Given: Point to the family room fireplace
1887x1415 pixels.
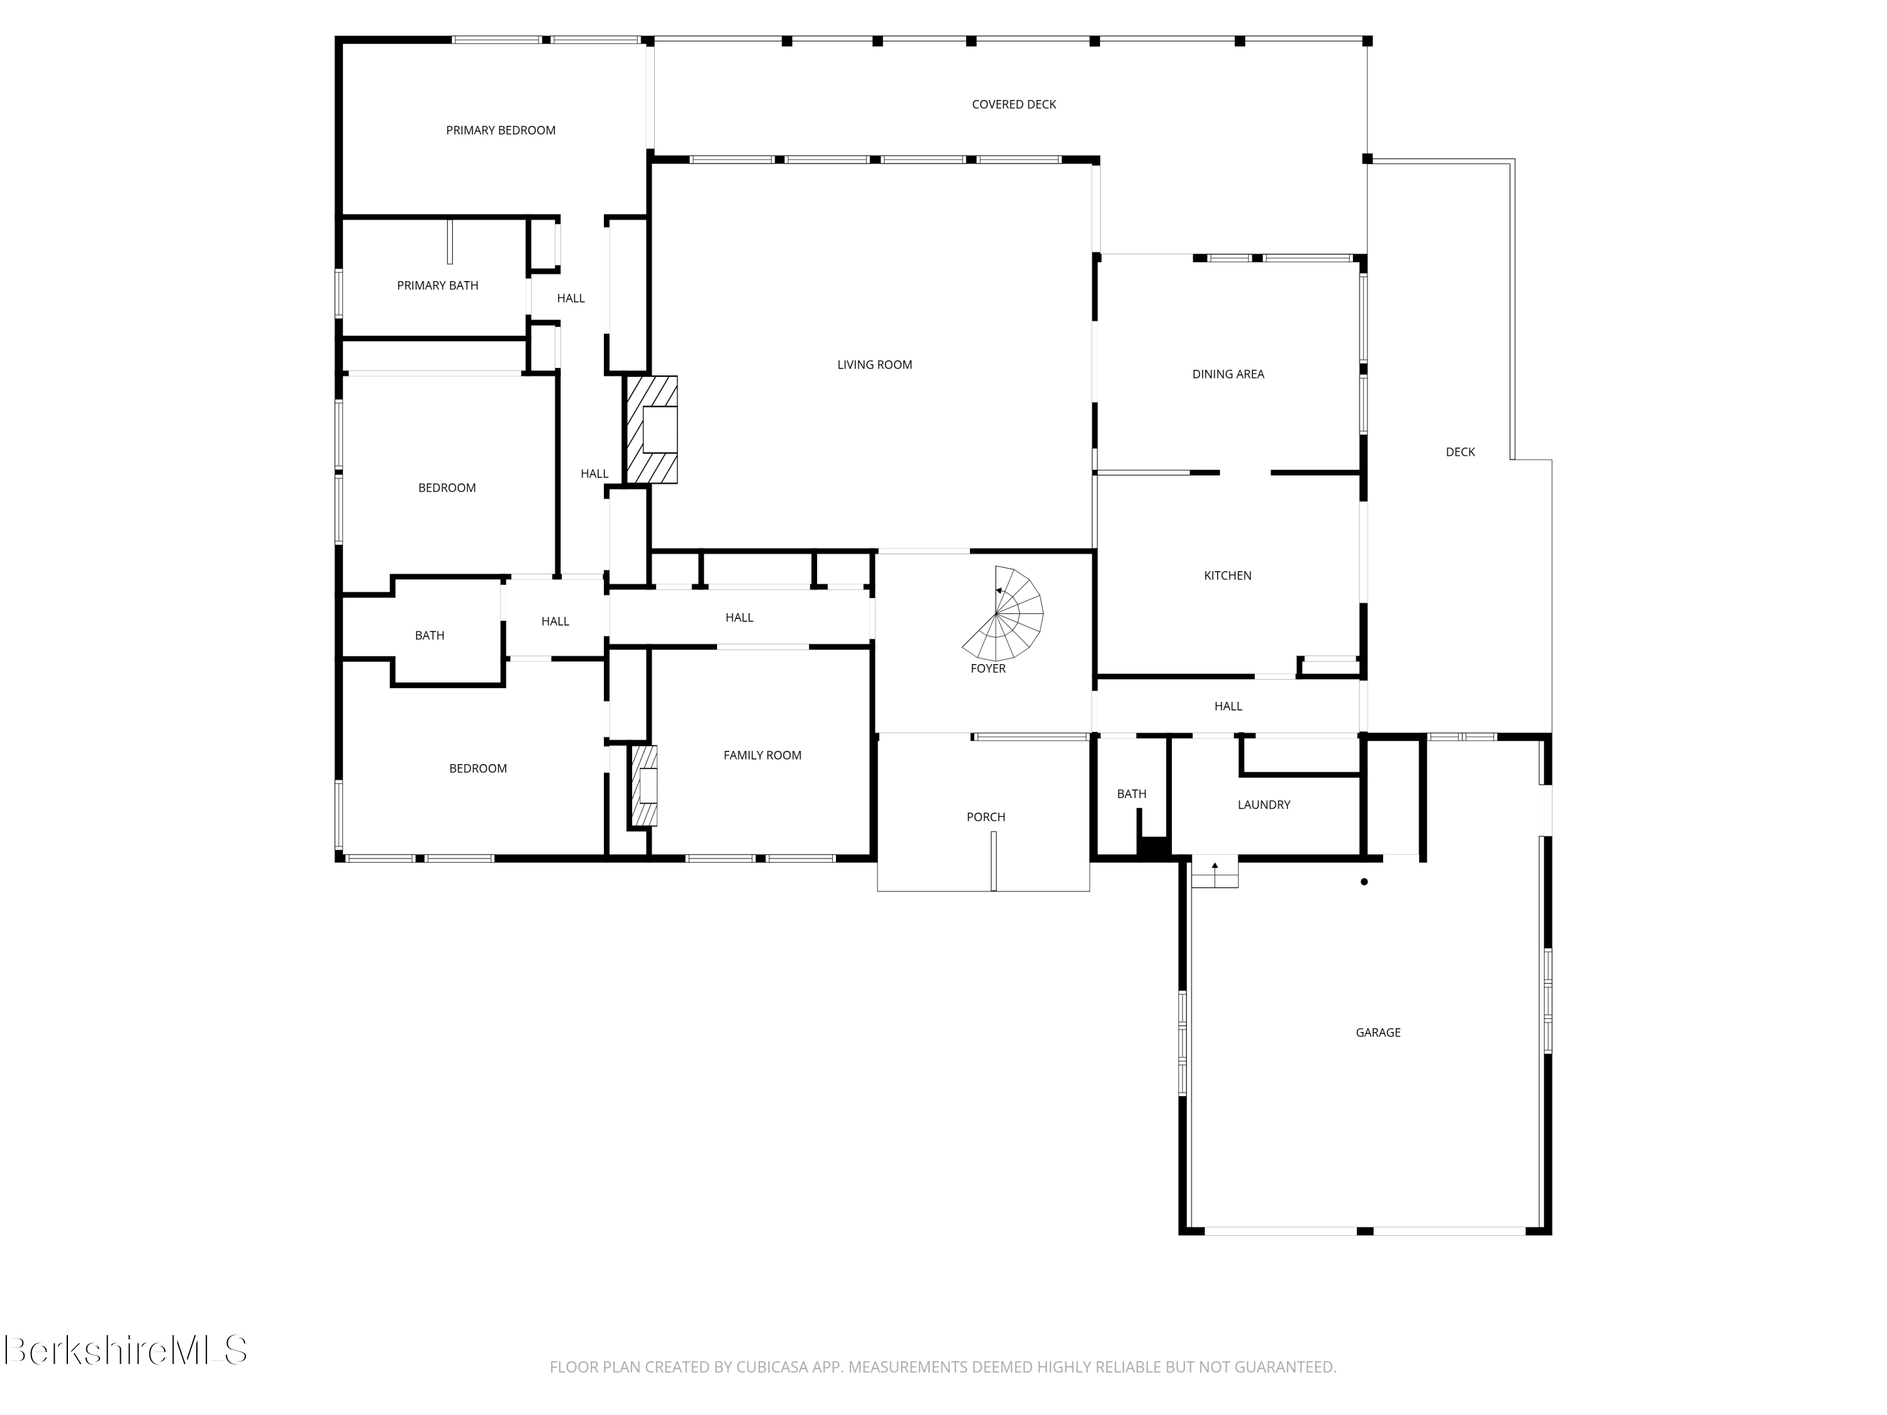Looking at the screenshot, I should [x=644, y=785].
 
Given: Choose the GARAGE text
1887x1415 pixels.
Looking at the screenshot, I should [x=1378, y=1033].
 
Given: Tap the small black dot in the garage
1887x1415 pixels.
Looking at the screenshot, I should [x=1364, y=882].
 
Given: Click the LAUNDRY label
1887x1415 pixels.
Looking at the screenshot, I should [x=1264, y=805].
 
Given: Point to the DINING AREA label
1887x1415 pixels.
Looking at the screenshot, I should [x=1228, y=374].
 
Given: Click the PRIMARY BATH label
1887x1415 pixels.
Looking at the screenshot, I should [x=438, y=286].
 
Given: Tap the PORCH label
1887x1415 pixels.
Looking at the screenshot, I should [x=985, y=817].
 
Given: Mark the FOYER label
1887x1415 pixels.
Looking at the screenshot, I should [x=988, y=669].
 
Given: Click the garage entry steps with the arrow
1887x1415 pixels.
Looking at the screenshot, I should [x=1215, y=874].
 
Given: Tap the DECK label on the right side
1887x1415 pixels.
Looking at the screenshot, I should [x=1460, y=452].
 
